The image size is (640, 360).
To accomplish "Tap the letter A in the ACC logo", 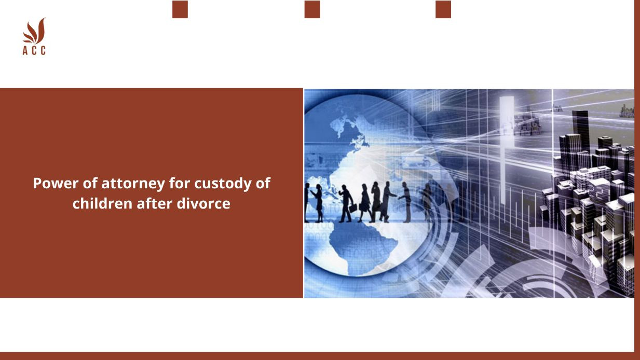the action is click(25, 50).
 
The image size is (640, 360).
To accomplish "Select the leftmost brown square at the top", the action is click(180, 9).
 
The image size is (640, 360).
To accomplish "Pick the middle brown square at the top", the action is click(312, 9).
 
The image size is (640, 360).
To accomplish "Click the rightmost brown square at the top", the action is click(443, 9).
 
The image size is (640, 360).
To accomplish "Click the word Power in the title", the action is click(56, 183).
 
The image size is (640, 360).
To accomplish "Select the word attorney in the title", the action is click(133, 184).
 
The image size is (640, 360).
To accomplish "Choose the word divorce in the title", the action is click(203, 203).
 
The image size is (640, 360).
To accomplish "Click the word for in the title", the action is click(180, 183).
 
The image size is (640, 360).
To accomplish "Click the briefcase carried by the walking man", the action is click(353, 208).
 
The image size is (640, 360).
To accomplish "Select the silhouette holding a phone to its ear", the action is click(375, 202).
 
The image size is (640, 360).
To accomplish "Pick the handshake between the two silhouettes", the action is click(398, 197).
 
